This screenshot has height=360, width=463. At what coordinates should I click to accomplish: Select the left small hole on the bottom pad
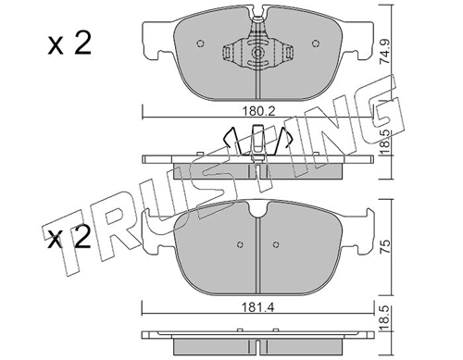[239, 244]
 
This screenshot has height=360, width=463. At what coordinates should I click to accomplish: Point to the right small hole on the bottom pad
[277, 244]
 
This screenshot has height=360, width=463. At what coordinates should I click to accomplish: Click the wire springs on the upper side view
[257, 141]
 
